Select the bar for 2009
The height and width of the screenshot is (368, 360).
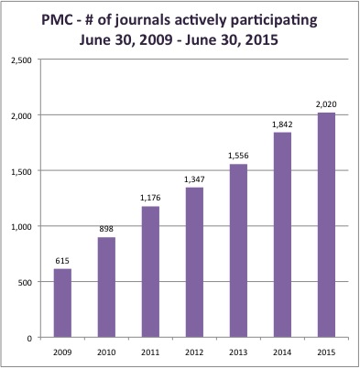62,303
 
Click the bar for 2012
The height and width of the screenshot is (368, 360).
194,263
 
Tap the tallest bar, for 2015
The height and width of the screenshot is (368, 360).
326,225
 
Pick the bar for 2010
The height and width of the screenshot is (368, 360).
106,287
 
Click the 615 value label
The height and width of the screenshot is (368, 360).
62,261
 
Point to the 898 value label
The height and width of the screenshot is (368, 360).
106,229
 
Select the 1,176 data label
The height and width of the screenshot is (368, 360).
150,198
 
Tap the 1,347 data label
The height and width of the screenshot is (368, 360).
194,179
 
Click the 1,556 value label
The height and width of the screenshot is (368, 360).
238,156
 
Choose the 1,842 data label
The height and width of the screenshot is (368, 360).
282,124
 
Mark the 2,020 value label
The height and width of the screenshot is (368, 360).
326,104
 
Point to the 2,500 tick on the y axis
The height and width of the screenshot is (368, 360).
21,60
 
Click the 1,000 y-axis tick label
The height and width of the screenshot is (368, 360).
21,227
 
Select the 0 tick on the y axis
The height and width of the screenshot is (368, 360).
29,339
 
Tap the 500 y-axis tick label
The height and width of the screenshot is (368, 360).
25,283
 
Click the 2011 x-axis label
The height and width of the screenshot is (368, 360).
150,352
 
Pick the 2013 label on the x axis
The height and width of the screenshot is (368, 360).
238,352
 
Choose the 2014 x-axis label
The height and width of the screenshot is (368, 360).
282,352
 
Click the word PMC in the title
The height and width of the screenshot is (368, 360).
57,20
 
